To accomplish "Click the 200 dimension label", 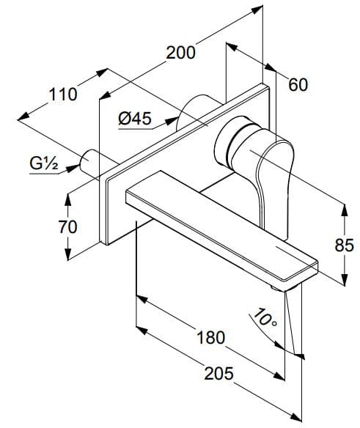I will (x=180, y=53).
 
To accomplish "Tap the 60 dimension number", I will (x=298, y=85).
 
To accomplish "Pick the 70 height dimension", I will (x=67, y=227).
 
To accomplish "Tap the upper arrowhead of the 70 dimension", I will (x=67, y=196).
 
